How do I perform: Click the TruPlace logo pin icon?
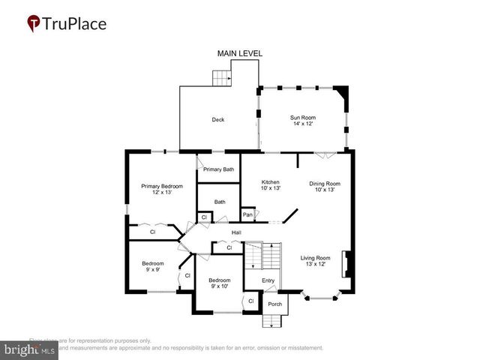click(34, 24)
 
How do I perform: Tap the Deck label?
click(217, 119)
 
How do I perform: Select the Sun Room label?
click(302, 120)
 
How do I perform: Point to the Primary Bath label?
click(218, 169)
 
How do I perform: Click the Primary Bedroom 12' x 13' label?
click(162, 188)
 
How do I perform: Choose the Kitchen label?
click(270, 185)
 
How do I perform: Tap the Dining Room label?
click(325, 186)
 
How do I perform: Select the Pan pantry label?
click(247, 215)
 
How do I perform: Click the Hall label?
click(236, 232)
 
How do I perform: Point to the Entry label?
click(268, 280)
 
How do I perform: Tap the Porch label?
click(274, 304)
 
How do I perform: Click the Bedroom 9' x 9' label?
click(153, 266)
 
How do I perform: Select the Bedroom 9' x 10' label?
click(220, 283)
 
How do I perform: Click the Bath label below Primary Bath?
click(220, 201)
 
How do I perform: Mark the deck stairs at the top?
click(220, 77)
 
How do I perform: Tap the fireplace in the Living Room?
click(346, 265)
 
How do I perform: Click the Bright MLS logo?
click(30, 349)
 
